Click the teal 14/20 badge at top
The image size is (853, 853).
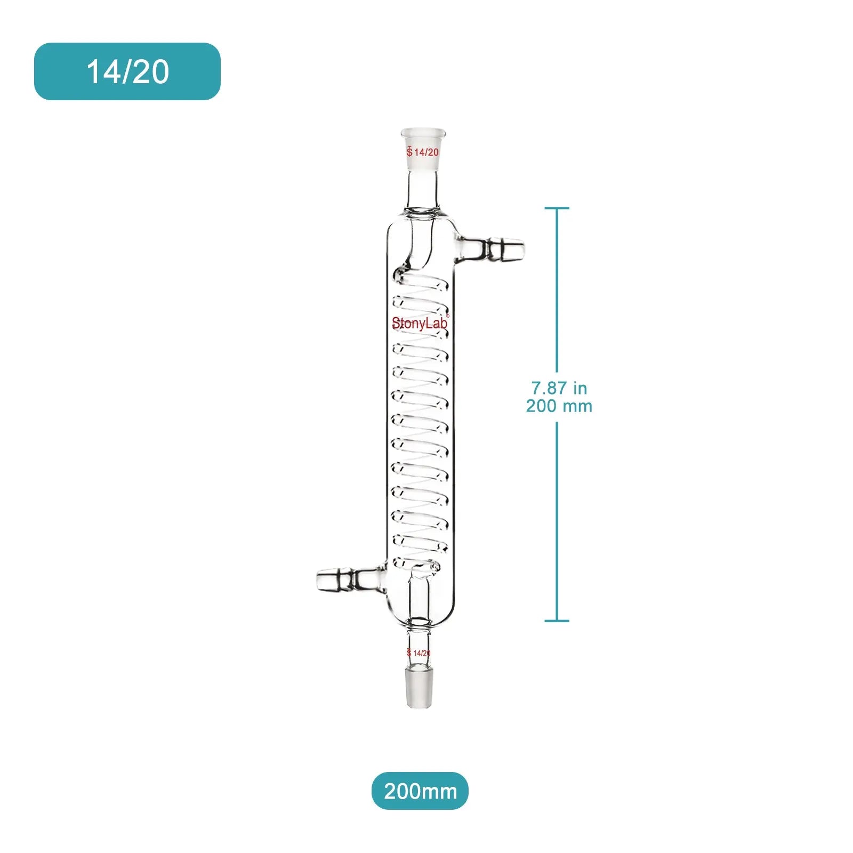(127, 71)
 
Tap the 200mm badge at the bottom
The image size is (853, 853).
(420, 791)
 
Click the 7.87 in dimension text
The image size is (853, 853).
(559, 388)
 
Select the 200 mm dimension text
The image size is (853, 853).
(559, 406)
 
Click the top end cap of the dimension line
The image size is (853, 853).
(557, 208)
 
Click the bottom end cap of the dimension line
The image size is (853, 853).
(557, 621)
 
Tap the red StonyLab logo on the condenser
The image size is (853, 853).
(420, 323)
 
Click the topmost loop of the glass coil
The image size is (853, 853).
(421, 283)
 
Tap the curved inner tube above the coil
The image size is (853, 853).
(419, 251)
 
